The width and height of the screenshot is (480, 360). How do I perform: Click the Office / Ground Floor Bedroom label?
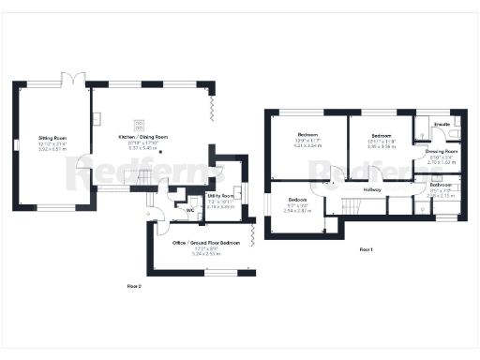[206, 243]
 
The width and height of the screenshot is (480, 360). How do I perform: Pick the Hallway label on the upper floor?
[373, 190]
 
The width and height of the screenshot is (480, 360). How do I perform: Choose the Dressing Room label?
[441, 151]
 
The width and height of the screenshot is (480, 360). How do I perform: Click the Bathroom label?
[442, 185]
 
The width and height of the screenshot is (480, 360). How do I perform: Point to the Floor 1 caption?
[366, 249]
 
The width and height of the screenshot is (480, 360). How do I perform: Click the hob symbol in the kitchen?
[140, 122]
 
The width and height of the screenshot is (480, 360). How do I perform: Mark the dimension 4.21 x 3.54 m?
[308, 146]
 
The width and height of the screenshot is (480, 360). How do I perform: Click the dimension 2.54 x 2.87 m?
[297, 211]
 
